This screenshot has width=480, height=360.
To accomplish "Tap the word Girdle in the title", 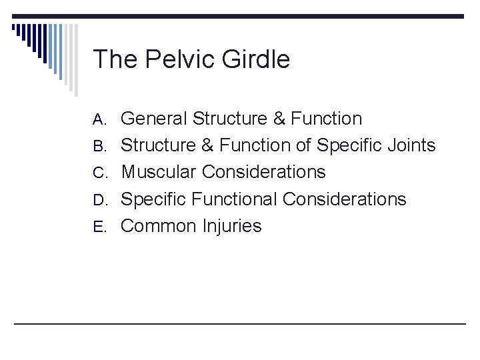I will [x=257, y=60].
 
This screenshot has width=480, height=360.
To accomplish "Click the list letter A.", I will [x=99, y=119].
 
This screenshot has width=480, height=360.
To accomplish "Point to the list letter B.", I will [x=99, y=146].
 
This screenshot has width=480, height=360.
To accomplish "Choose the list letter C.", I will [x=99, y=173].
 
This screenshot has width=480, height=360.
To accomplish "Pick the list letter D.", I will [x=99, y=200].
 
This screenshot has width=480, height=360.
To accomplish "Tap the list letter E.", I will [x=99, y=227].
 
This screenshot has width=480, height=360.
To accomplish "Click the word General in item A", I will [x=154, y=119].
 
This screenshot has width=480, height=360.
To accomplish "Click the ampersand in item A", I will [x=279, y=119].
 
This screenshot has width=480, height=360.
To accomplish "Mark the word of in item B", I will [x=303, y=145].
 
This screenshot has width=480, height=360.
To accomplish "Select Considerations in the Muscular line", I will [x=264, y=172].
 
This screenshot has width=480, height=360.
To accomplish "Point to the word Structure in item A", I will [x=229, y=119].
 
